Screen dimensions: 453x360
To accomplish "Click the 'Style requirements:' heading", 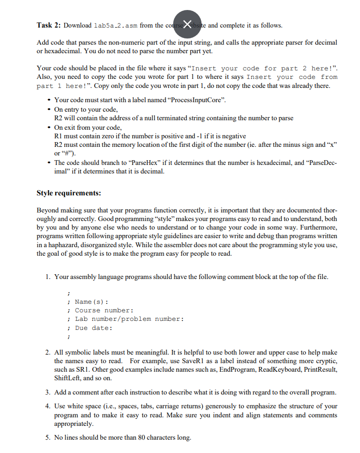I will click(68, 193).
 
